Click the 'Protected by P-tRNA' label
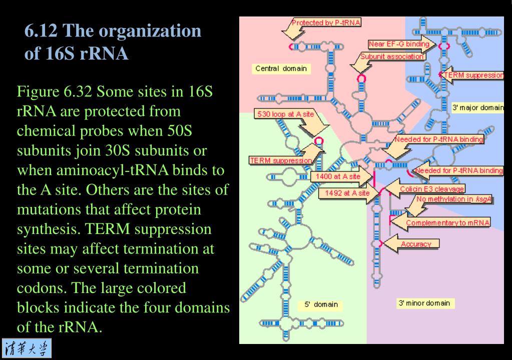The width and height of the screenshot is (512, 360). point(326,22)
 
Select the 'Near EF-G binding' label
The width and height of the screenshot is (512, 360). point(399,44)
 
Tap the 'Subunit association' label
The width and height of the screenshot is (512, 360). point(393,56)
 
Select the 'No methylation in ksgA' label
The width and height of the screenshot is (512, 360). point(448,199)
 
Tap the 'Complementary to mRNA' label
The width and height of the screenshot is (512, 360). point(448,222)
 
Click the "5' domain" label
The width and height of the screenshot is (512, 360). point(321,304)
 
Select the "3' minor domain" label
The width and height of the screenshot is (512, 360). point(423,303)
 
